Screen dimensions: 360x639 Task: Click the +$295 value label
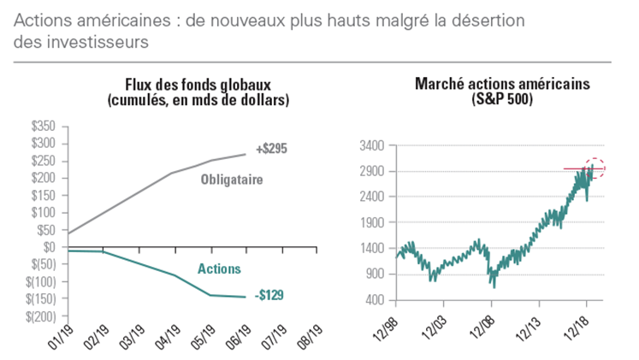click(x=271, y=148)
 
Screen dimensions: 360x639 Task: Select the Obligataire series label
click(x=231, y=180)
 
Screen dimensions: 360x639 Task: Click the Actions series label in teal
click(x=219, y=269)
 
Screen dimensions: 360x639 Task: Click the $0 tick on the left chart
click(x=50, y=247)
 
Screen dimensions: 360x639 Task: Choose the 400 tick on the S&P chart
click(x=377, y=300)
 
